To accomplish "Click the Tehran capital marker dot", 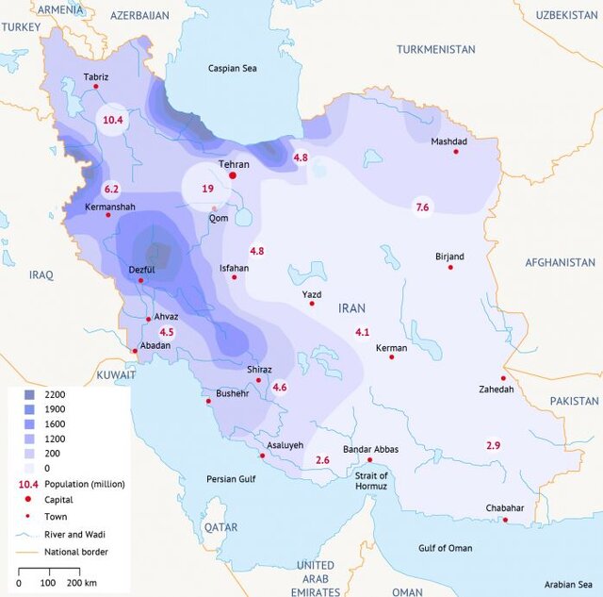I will (x=233, y=175).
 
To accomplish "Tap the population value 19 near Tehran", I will (x=207, y=189).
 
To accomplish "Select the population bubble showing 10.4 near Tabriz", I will (x=113, y=120).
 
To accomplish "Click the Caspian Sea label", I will (x=233, y=69).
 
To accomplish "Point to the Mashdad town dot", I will (x=456, y=152).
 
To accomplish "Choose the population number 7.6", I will (x=422, y=207).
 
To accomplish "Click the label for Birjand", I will (x=449, y=256).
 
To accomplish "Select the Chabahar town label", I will (x=504, y=508).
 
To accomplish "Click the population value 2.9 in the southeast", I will (x=493, y=444).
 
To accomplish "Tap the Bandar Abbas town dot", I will (x=369, y=460).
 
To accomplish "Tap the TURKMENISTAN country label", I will (x=435, y=49).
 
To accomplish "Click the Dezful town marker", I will (x=140, y=280).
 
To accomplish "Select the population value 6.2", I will (x=112, y=189).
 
